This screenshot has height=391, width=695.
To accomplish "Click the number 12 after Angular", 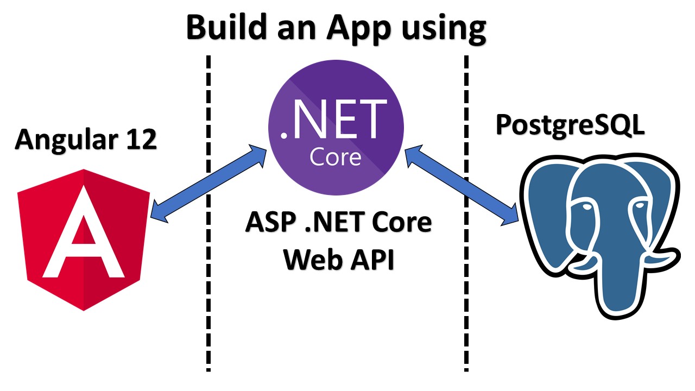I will pyautogui.click(x=139, y=140).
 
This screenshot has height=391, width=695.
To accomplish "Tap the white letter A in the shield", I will pyautogui.click(x=84, y=234).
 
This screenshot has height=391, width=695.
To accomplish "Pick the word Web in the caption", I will pyautogui.click(x=309, y=260).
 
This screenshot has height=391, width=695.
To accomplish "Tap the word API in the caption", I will pyautogui.click(x=368, y=260).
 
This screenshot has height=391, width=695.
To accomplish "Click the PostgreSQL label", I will pyautogui.click(x=570, y=125).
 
